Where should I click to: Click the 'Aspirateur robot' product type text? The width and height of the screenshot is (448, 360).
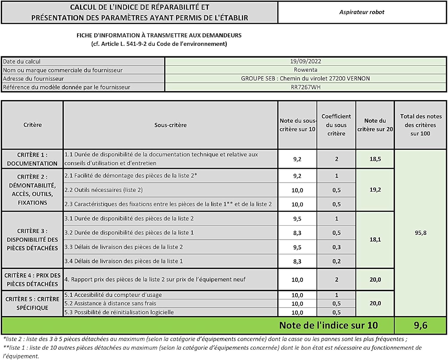click(x=362, y=12)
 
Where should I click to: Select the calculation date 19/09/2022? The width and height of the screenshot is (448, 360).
click(x=306, y=61)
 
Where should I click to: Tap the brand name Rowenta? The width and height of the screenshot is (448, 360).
click(x=306, y=70)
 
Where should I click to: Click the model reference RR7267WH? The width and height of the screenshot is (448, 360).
click(x=306, y=87)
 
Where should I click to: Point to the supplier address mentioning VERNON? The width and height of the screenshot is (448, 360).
click(x=305, y=79)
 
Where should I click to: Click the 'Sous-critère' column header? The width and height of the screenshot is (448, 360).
click(x=170, y=125)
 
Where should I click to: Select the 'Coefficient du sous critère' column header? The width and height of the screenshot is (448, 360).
click(x=336, y=125)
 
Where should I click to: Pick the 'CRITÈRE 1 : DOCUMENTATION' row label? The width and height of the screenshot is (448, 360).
click(x=32, y=159)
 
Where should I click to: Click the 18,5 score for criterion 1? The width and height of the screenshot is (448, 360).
click(x=375, y=159)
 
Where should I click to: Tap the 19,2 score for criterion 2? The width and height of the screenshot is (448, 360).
click(x=375, y=190)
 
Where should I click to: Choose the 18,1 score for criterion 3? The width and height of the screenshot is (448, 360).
click(x=375, y=240)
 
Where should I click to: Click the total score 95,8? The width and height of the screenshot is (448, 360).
click(x=421, y=233)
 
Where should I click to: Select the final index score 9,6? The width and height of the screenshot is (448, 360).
click(x=421, y=325)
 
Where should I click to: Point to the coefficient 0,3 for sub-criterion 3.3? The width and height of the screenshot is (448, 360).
click(x=337, y=247)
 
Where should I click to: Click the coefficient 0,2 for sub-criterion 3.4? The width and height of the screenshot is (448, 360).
click(x=337, y=261)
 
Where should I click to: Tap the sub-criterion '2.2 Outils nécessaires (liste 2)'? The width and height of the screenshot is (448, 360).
click(x=104, y=190)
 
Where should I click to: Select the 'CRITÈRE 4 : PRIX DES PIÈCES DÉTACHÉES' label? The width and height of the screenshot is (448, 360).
click(x=32, y=280)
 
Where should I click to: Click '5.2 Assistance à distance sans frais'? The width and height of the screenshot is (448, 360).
click(x=110, y=304)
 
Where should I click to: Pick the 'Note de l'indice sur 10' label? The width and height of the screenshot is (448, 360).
click(x=328, y=325)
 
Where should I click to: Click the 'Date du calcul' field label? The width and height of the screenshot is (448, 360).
click(x=22, y=62)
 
